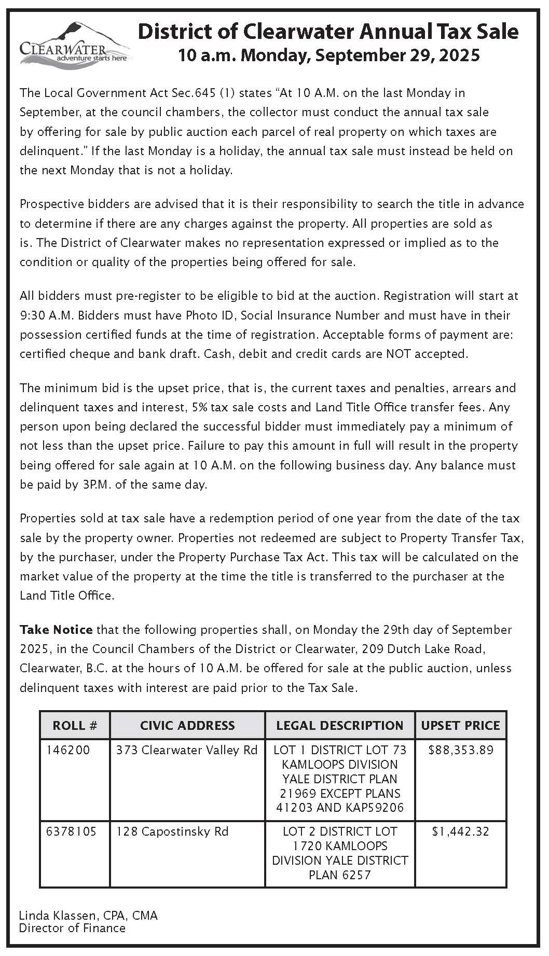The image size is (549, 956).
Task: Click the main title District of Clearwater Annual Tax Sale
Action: click(x=328, y=32)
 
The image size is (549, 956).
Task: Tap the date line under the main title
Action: click(x=328, y=55)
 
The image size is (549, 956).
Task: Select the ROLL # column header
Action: click(x=75, y=725)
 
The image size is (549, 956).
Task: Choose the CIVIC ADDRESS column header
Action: click(x=187, y=725)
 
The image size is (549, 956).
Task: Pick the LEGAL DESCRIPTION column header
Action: click(x=340, y=725)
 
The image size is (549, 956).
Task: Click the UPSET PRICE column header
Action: click(x=460, y=725)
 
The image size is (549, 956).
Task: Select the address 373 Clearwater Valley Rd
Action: click(x=187, y=750)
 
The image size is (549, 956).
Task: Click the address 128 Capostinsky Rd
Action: click(x=172, y=832)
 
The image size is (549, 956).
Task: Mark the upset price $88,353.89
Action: click(x=460, y=750)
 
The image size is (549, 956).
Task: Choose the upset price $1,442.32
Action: click(x=460, y=832)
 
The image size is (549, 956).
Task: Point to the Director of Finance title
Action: click(x=72, y=928)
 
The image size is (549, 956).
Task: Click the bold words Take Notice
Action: click(x=56, y=630)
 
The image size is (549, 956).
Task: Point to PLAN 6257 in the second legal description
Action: click(x=340, y=875)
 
